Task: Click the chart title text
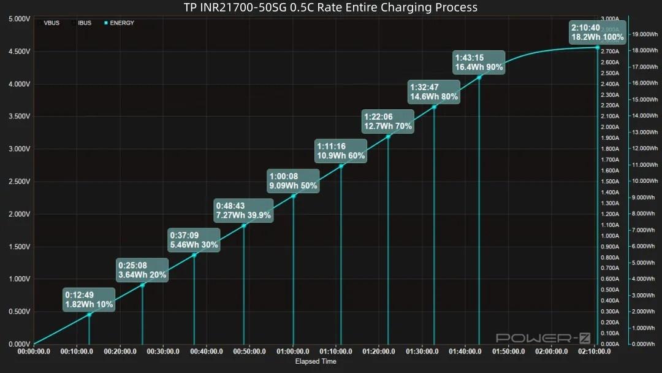pyautogui.click(x=330, y=7)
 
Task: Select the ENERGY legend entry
pyautogui.click(x=122, y=23)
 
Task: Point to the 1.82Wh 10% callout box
pyautogui.click(x=89, y=299)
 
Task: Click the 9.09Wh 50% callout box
pyautogui.click(x=293, y=180)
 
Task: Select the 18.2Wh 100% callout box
pyautogui.click(x=597, y=32)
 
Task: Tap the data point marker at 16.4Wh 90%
pyautogui.click(x=479, y=77)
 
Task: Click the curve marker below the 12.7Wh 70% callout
pyautogui.click(x=388, y=137)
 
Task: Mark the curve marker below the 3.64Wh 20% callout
pyautogui.click(x=142, y=285)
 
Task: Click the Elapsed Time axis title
pyautogui.click(x=316, y=361)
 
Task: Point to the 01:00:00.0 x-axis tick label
pyautogui.click(x=293, y=352)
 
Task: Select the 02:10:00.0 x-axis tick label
pyautogui.click(x=595, y=352)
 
